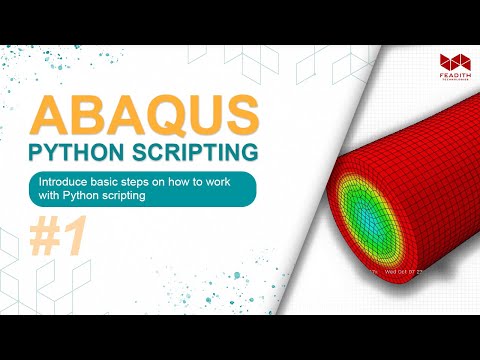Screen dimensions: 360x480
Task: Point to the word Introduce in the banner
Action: pyautogui.click(x=66, y=183)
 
